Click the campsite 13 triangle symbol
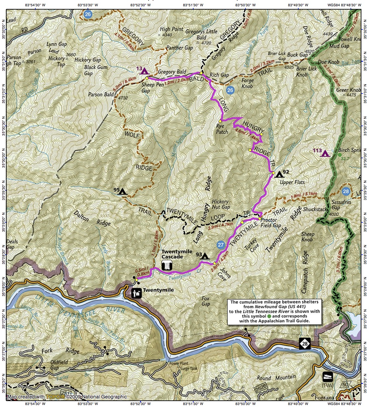pos(144,71)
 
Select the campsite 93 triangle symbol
pos(205,256)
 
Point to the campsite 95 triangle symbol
pos(123,191)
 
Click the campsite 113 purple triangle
pos(325,153)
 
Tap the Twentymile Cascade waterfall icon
pos(168,266)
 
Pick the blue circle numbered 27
pos(221,245)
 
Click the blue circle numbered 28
pos(346,191)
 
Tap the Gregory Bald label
pos(172,72)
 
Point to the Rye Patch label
pos(222,129)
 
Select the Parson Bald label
pos(101,94)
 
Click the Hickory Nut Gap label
pos(221,204)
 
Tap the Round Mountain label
pos(276,377)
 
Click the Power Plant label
pos(179,363)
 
